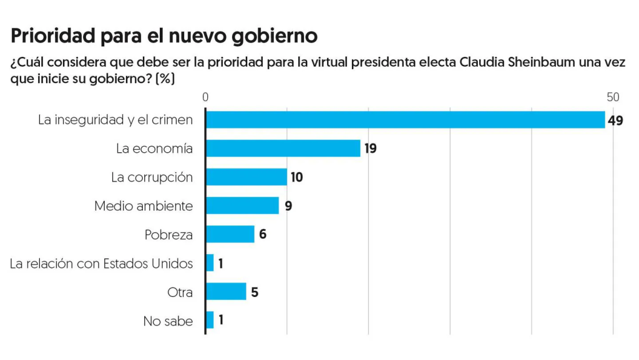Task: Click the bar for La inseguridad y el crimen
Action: tap(406, 119)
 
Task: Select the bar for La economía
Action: tap(283, 148)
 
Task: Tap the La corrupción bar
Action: tap(246, 177)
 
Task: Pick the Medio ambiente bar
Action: tap(242, 205)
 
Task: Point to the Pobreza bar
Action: tap(230, 234)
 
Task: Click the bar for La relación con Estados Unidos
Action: tap(210, 263)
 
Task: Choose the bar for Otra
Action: tap(226, 291)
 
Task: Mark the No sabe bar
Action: tap(210, 320)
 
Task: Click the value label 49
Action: tap(616, 120)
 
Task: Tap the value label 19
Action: tap(371, 148)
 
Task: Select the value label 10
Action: tap(296, 177)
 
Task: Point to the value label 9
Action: tap(288, 206)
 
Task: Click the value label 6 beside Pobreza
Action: tap(263, 235)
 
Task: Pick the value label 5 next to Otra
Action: tap(255, 292)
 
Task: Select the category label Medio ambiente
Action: tap(144, 206)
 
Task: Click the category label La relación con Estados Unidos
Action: tap(102, 263)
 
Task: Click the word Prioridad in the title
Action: tap(53, 36)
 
